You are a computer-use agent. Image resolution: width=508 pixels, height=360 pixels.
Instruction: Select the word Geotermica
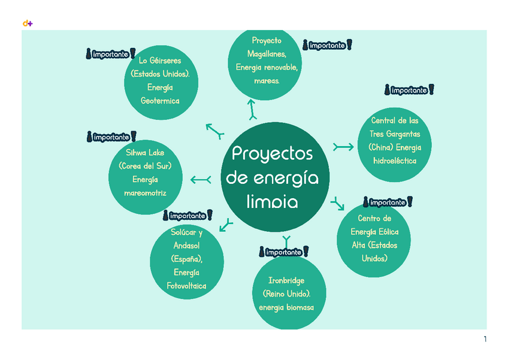pos(160,101)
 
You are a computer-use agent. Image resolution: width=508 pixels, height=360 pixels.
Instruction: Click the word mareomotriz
pos(145,193)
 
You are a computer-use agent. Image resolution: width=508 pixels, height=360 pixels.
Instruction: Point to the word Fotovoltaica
pos(186,286)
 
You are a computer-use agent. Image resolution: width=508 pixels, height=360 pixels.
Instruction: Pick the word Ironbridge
pos(286,280)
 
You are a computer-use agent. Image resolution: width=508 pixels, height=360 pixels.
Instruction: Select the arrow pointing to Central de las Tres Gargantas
pos(343,147)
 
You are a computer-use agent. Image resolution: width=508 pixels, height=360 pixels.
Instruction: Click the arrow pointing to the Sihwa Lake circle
pos(200,179)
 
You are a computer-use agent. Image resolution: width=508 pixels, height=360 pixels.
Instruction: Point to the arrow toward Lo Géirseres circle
pos(214,130)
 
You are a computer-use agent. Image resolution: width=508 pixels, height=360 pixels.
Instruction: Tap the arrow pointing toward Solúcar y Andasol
pos(226,225)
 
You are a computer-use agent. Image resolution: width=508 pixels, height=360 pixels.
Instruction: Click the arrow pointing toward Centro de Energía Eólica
pos(338,204)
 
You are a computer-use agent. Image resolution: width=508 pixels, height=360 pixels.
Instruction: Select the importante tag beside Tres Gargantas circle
pos(409,90)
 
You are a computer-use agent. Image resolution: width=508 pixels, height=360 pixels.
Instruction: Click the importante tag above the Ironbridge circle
pos(284,252)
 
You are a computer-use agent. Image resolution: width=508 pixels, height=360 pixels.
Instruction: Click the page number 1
pos(485,340)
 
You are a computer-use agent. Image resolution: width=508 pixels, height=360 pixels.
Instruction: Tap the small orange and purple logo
pos(27,23)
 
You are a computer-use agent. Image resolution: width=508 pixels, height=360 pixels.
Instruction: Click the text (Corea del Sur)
pos(145,166)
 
